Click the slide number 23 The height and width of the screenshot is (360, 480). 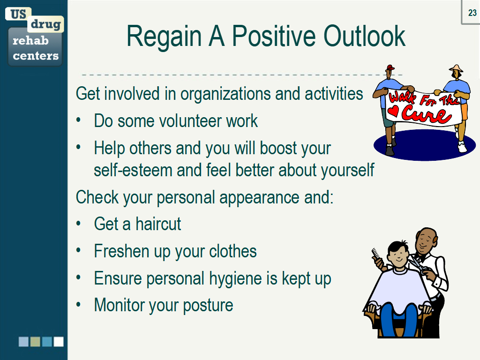[x=472, y=13]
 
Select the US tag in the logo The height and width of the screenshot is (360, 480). [x=18, y=14]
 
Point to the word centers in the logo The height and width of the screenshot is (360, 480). [x=36, y=56]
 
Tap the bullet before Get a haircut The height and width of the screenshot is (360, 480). [x=79, y=224]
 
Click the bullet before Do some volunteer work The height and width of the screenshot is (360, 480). [x=79, y=121]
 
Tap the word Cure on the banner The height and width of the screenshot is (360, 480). [x=425, y=114]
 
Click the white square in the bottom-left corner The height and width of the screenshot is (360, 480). [x=59, y=342]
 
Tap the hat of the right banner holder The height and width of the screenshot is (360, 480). [x=456, y=68]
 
